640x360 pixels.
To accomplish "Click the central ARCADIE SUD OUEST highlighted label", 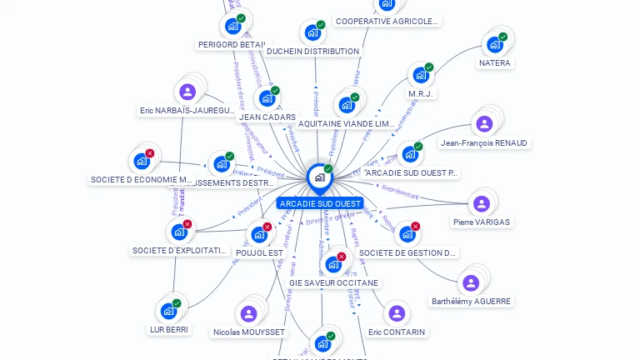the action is point(320,203).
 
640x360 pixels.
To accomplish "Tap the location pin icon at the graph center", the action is point(318,177).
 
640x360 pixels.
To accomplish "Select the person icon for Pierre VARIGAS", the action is point(481,203).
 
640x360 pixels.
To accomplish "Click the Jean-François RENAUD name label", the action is point(484,143).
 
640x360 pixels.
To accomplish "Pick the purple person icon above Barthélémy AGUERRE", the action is point(471,282).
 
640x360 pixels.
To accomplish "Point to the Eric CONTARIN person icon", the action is point(397,313).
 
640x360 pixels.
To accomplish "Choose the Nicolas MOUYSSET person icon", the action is point(248,313).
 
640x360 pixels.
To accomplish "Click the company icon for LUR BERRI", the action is point(168,311).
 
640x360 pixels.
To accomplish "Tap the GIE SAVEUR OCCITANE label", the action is point(333,283).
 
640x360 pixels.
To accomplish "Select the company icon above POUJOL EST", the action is point(259,234).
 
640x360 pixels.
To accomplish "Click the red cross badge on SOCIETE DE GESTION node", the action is point(415,226).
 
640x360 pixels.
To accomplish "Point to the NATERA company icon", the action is point(495,44).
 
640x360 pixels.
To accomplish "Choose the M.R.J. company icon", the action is point(421,75).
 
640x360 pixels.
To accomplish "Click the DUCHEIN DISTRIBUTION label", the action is point(312,52).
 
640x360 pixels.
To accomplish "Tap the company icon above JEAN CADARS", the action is point(266,98).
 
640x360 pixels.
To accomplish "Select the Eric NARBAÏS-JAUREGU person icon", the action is point(187,92).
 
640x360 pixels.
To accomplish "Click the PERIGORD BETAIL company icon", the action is point(232,26).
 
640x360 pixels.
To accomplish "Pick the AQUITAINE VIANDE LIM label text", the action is point(346,124).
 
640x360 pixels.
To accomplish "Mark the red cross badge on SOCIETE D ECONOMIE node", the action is point(149,153).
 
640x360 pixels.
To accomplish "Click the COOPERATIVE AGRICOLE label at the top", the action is point(387,22).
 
